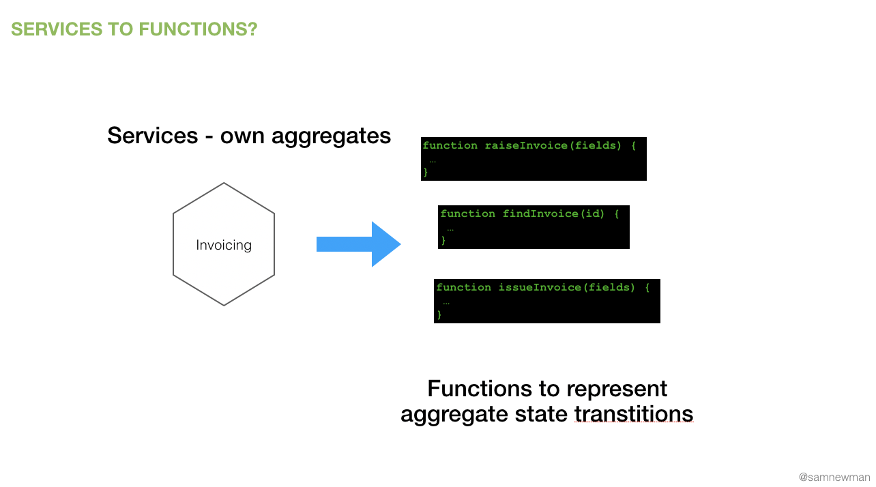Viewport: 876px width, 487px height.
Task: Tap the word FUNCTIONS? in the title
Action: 199,29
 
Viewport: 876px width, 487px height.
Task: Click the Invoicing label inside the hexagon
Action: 224,246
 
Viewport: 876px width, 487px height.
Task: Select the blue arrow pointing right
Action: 359,244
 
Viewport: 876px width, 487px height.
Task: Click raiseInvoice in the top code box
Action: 527,146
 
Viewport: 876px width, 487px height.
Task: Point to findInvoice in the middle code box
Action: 541,213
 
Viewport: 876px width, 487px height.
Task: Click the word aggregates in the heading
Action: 331,136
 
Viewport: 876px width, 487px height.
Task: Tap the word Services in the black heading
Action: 153,136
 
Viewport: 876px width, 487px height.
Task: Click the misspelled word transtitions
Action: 634,414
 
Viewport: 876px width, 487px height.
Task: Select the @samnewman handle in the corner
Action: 834,477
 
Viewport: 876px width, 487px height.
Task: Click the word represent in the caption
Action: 617,389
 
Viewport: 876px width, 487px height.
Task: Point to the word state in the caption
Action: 541,414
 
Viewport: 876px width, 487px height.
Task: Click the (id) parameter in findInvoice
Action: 592,213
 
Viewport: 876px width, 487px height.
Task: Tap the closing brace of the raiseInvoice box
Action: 426,172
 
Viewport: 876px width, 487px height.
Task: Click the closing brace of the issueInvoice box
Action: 439,314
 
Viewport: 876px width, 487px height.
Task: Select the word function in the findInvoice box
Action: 468,213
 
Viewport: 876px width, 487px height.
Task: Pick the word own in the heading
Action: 242,136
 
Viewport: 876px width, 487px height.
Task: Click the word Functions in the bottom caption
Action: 480,389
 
